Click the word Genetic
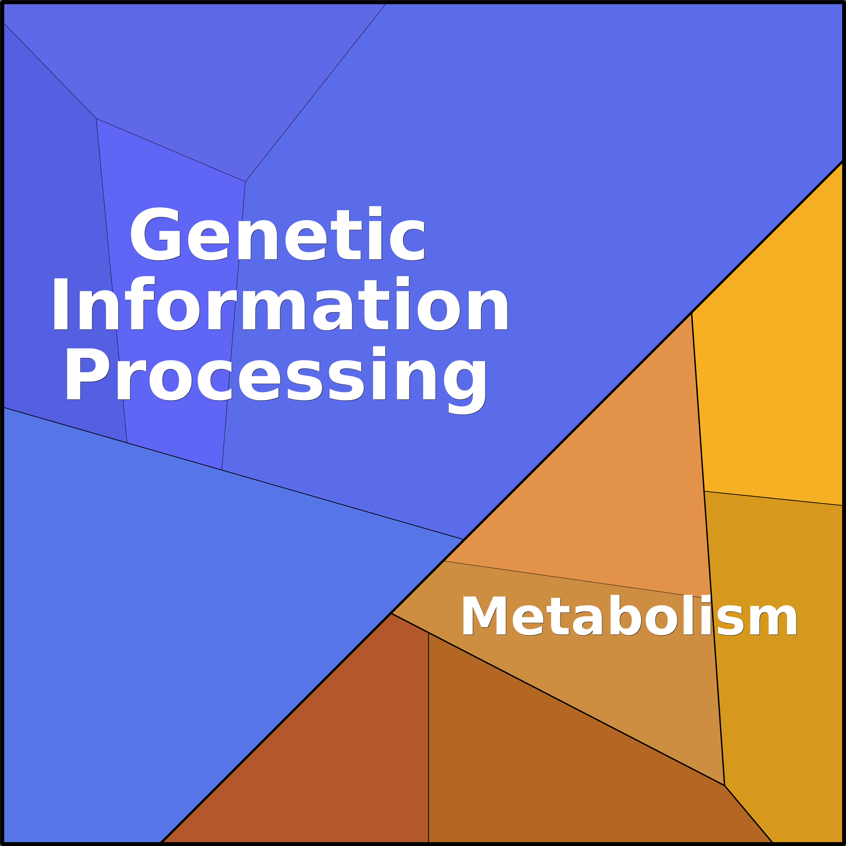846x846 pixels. pos(277,233)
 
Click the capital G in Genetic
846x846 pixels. pos(156,234)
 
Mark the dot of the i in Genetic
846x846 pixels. pos(375,210)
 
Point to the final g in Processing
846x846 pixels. pos(465,387)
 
